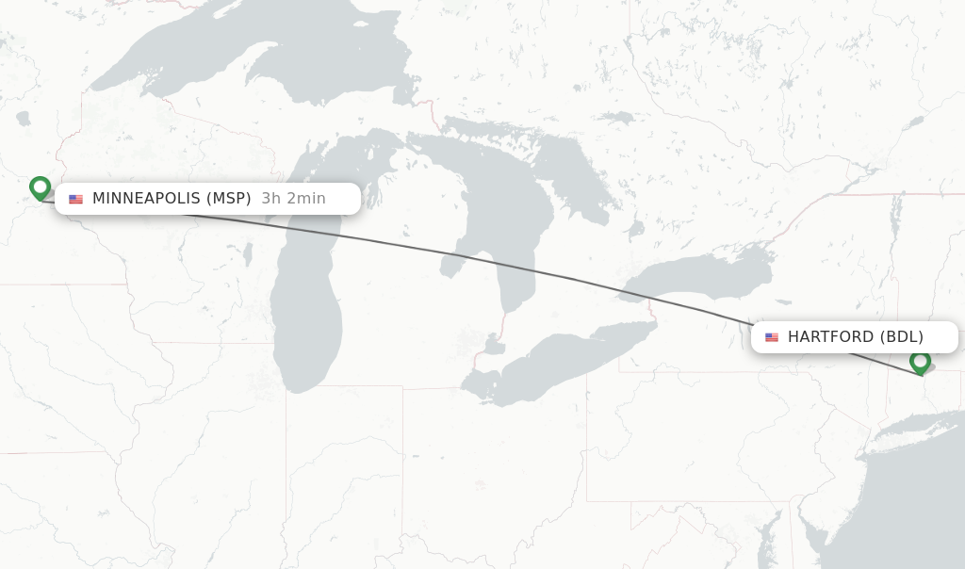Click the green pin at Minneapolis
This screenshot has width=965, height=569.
[40, 187]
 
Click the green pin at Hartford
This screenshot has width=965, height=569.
[920, 361]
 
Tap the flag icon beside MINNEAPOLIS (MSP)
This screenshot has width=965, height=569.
[76, 199]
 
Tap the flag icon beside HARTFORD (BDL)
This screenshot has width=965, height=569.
[772, 337]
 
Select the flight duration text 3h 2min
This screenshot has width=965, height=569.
[293, 199]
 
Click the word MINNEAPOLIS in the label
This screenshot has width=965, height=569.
[146, 199]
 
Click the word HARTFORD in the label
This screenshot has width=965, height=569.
[830, 337]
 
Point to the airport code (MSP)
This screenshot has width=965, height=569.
[228, 199]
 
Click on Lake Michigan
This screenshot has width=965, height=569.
[306, 311]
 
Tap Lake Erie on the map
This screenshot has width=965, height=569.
[556, 363]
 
